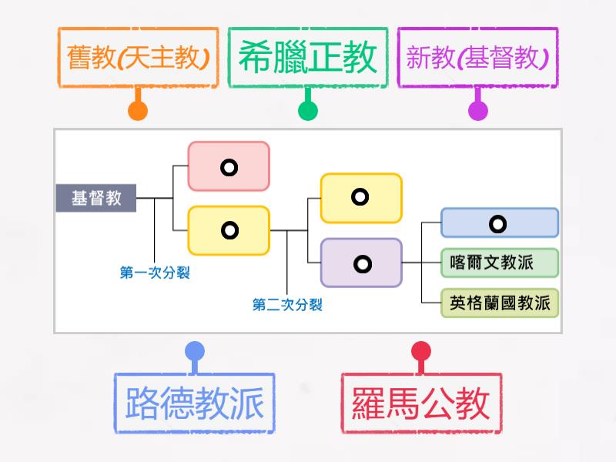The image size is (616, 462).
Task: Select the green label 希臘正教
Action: (x=307, y=58)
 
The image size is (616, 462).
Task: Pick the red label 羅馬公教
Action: (x=420, y=403)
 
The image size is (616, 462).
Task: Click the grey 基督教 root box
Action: (x=96, y=198)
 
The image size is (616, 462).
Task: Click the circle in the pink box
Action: (x=229, y=166)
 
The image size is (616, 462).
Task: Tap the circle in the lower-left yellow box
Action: (x=229, y=229)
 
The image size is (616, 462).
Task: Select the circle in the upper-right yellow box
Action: (x=360, y=197)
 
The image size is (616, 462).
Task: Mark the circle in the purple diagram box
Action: (x=362, y=264)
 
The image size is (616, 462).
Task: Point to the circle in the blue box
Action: (x=498, y=224)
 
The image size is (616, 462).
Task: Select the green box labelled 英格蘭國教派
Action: (x=500, y=303)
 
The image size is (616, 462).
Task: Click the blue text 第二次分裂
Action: (x=287, y=305)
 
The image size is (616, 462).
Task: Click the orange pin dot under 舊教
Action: (x=138, y=111)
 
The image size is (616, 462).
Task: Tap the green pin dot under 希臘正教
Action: (x=308, y=111)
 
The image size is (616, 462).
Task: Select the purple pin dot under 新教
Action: (x=478, y=111)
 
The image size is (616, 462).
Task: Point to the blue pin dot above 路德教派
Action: (x=195, y=352)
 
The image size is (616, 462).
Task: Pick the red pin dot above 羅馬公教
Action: (x=420, y=352)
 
